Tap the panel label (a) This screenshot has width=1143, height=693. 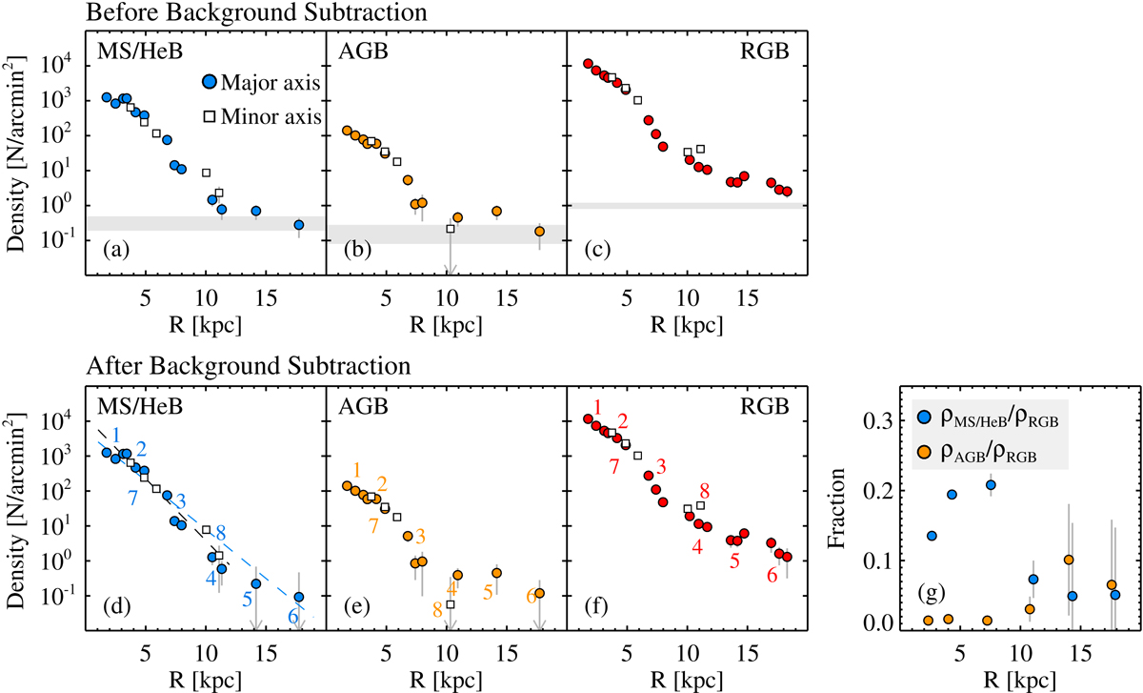pos(115,252)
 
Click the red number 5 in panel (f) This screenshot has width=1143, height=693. pos(734,561)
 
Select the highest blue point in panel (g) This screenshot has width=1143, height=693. pos(992,485)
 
